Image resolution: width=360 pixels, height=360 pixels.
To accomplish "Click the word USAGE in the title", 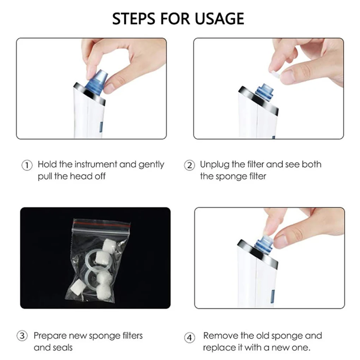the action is (219, 19).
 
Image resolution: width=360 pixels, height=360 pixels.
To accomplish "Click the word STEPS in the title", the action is (133, 19).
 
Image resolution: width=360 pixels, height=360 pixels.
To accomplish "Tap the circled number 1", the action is (27, 165).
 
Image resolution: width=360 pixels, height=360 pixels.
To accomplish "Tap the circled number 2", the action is (190, 165).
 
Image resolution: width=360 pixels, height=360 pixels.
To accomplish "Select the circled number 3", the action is (22, 336).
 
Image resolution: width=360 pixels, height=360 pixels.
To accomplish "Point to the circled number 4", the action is (190, 338).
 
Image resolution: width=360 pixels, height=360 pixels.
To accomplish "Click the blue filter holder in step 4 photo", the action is (264, 244).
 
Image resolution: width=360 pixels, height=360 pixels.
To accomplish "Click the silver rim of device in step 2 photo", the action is (258, 100).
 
